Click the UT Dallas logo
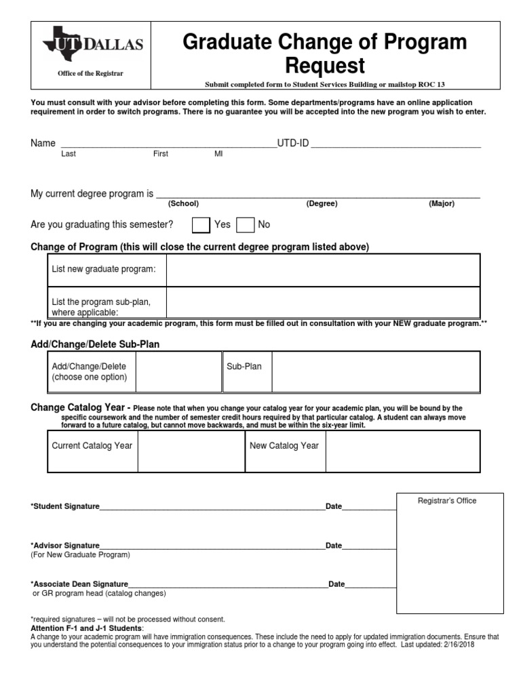coord(93,45)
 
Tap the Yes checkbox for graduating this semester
coord(201,225)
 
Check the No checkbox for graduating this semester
coord(245,225)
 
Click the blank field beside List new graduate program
coord(323,270)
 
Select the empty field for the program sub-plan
coord(323,303)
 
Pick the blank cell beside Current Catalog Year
coord(191,451)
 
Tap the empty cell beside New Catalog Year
coord(402,451)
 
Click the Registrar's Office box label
coord(446,501)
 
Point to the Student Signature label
coord(65,506)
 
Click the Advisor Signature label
coord(65,546)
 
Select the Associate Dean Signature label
coord(79,584)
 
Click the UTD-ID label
coord(292,144)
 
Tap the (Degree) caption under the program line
coord(322,204)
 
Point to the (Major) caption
coord(441,204)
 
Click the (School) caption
coord(183,204)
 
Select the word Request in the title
coord(325,66)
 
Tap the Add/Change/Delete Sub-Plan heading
coord(95,344)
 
